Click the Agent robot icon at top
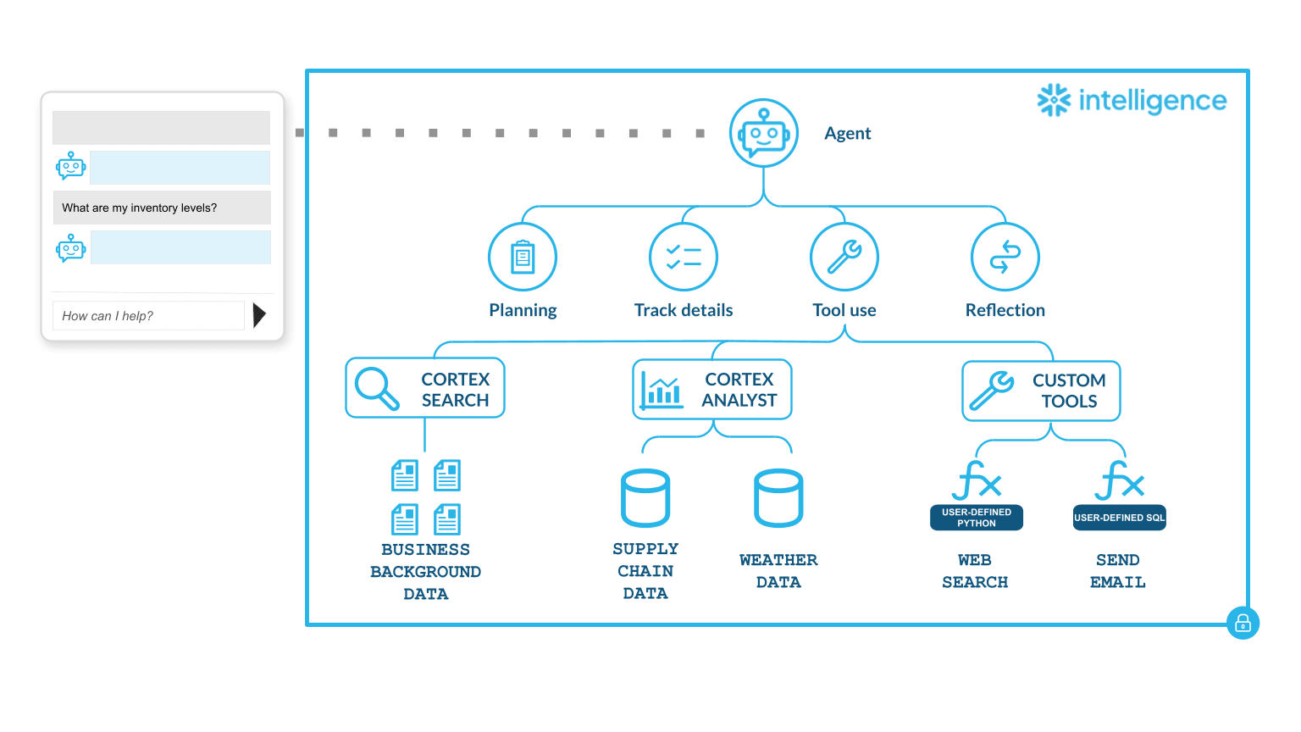tap(764, 133)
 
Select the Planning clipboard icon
tap(523, 257)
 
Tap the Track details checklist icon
tap(684, 257)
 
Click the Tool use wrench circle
tap(844, 257)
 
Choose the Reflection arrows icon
tap(1005, 257)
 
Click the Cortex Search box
tap(425, 389)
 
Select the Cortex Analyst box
tap(712, 390)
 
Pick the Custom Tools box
tap(1041, 391)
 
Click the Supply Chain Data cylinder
tap(645, 498)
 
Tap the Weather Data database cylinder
tap(778, 498)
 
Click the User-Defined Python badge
tap(977, 518)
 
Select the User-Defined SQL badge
tap(1119, 518)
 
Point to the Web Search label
tap(975, 571)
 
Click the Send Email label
tap(1117, 571)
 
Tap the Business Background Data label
tap(425, 572)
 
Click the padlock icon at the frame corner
tap(1243, 624)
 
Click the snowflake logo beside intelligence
tap(1055, 100)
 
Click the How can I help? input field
tap(148, 316)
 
